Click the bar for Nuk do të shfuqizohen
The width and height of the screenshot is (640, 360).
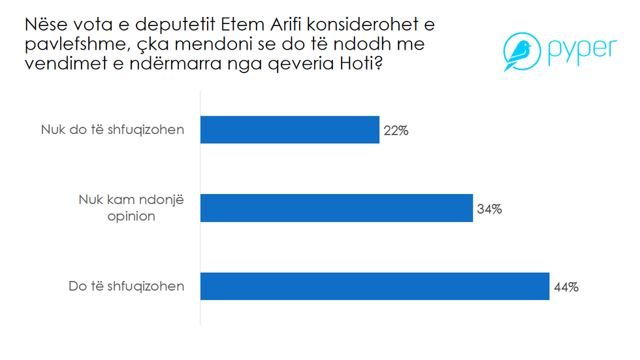tap(289, 129)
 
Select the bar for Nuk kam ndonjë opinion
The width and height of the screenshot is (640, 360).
tap(336, 208)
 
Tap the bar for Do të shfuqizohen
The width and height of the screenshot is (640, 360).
tap(374, 286)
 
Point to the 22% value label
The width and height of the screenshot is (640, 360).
tap(396, 131)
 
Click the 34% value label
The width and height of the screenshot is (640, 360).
tap(489, 209)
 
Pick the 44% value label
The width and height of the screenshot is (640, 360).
tap(566, 287)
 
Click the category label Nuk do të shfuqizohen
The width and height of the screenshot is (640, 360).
tap(112, 129)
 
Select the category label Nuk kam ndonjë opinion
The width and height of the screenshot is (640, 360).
tap(131, 208)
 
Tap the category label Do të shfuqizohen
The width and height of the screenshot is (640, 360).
tap(126, 286)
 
